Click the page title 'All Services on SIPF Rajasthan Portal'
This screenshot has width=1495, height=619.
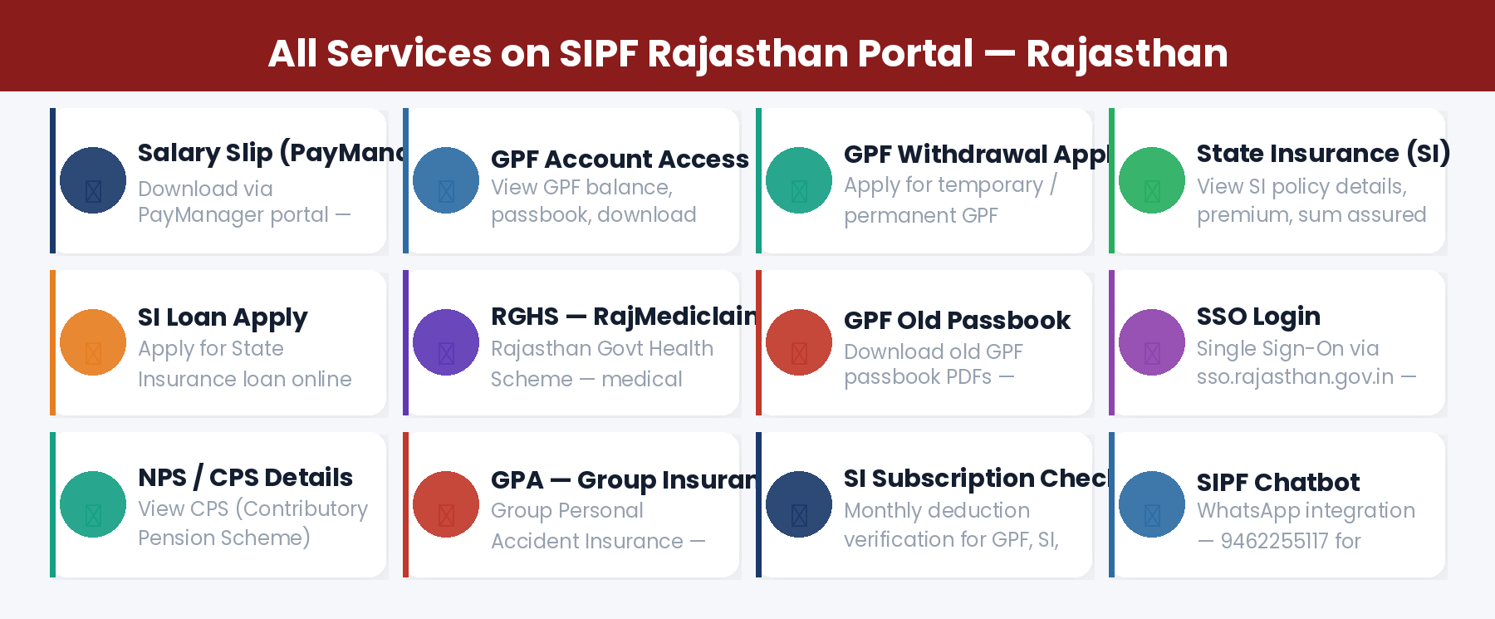coord(620,53)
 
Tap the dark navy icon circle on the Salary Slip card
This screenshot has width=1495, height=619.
coord(93,180)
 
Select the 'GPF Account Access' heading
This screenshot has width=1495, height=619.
coord(620,159)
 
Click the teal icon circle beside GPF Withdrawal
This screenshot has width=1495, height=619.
coord(799,180)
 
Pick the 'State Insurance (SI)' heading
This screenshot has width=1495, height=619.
coord(1322,153)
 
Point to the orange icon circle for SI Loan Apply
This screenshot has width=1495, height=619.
coord(93,342)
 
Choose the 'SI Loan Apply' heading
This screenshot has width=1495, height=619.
coord(223,317)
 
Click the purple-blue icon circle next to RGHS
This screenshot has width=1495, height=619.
coord(446,342)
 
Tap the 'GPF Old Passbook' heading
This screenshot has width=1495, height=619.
coord(957,320)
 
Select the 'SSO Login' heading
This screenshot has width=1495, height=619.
coord(1258,316)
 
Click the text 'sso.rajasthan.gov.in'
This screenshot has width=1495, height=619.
coord(1295,376)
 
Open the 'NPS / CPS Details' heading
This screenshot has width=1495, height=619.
coord(245,477)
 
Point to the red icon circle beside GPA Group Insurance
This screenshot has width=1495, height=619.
coord(446,504)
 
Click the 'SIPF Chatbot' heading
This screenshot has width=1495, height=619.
coord(1277,482)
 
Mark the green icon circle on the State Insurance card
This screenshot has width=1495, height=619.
coord(1152,180)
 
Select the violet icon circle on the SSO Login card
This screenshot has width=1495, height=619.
coord(1152,342)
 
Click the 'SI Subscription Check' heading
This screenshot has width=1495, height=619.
coord(976,478)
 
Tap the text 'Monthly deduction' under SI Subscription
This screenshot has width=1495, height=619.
coord(936,510)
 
